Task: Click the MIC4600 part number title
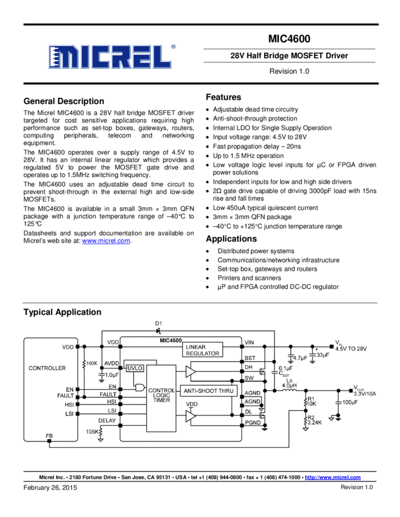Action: [x=289, y=40]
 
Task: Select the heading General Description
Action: [x=63, y=101]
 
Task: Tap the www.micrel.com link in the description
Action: [x=106, y=241]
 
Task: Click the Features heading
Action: [x=223, y=97]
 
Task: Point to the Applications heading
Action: [x=233, y=238]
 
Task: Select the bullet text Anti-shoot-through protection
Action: [x=255, y=119]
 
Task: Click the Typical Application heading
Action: [x=62, y=312]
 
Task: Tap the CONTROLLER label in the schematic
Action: [x=47, y=368]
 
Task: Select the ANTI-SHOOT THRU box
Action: [x=208, y=390]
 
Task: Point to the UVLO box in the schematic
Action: [x=135, y=368]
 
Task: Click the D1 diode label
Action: [x=158, y=323]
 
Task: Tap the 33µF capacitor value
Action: [x=322, y=354]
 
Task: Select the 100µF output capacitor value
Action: [x=349, y=402]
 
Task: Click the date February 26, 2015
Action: [x=50, y=488]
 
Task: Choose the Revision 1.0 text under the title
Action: [x=289, y=71]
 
